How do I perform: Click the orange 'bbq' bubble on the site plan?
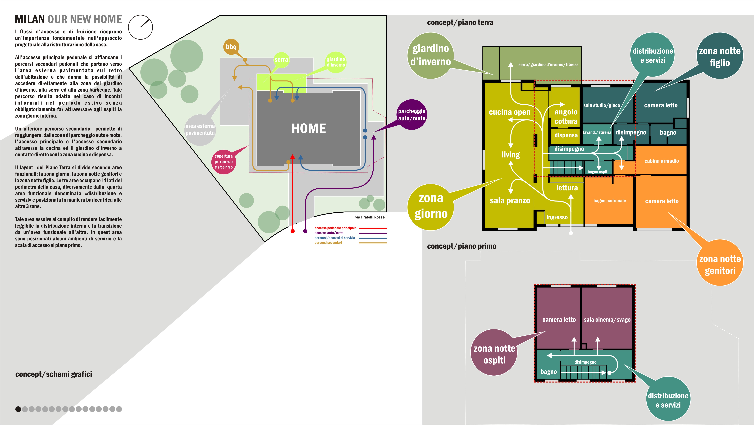(231, 47)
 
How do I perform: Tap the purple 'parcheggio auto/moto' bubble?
(412, 115)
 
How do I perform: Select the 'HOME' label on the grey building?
(309, 129)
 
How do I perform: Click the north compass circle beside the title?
(140, 27)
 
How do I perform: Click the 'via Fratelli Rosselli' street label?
(371, 217)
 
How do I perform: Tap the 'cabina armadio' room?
(661, 161)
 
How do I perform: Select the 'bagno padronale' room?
(609, 201)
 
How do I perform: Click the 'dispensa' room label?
(566, 135)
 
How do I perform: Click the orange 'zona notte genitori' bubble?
(720, 264)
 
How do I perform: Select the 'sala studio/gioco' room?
(601, 105)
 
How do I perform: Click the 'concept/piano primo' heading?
(462, 246)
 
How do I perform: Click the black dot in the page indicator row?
(18, 409)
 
